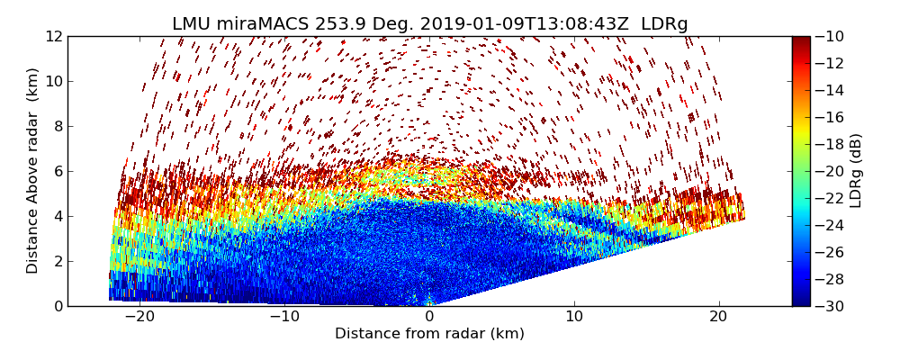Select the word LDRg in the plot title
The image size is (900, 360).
pyautogui.click(x=664, y=24)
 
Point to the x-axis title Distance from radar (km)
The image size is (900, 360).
pyautogui.click(x=429, y=334)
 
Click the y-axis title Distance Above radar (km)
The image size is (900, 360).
pyautogui.click(x=33, y=170)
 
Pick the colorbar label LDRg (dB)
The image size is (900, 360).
pyautogui.click(x=856, y=170)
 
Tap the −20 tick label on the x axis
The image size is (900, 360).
pyautogui.click(x=139, y=317)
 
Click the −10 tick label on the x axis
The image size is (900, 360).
pyautogui.click(x=284, y=317)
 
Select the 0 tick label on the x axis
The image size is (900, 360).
pyautogui.click(x=429, y=317)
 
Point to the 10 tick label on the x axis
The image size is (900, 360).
pyautogui.click(x=574, y=317)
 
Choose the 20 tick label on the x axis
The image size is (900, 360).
pyautogui.click(x=718, y=317)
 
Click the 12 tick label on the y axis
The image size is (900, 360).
pyautogui.click(x=53, y=36)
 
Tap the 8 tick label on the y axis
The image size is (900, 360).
pyautogui.click(x=57, y=126)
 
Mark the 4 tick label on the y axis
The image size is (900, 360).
pyautogui.click(x=57, y=216)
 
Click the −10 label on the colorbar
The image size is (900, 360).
pyautogui.click(x=832, y=36)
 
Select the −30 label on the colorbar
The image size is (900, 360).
pyautogui.click(x=832, y=306)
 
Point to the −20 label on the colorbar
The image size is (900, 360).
pyautogui.click(x=832, y=171)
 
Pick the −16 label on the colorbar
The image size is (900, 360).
pyautogui.click(x=832, y=117)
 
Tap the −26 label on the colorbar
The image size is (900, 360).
pyautogui.click(x=832, y=252)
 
